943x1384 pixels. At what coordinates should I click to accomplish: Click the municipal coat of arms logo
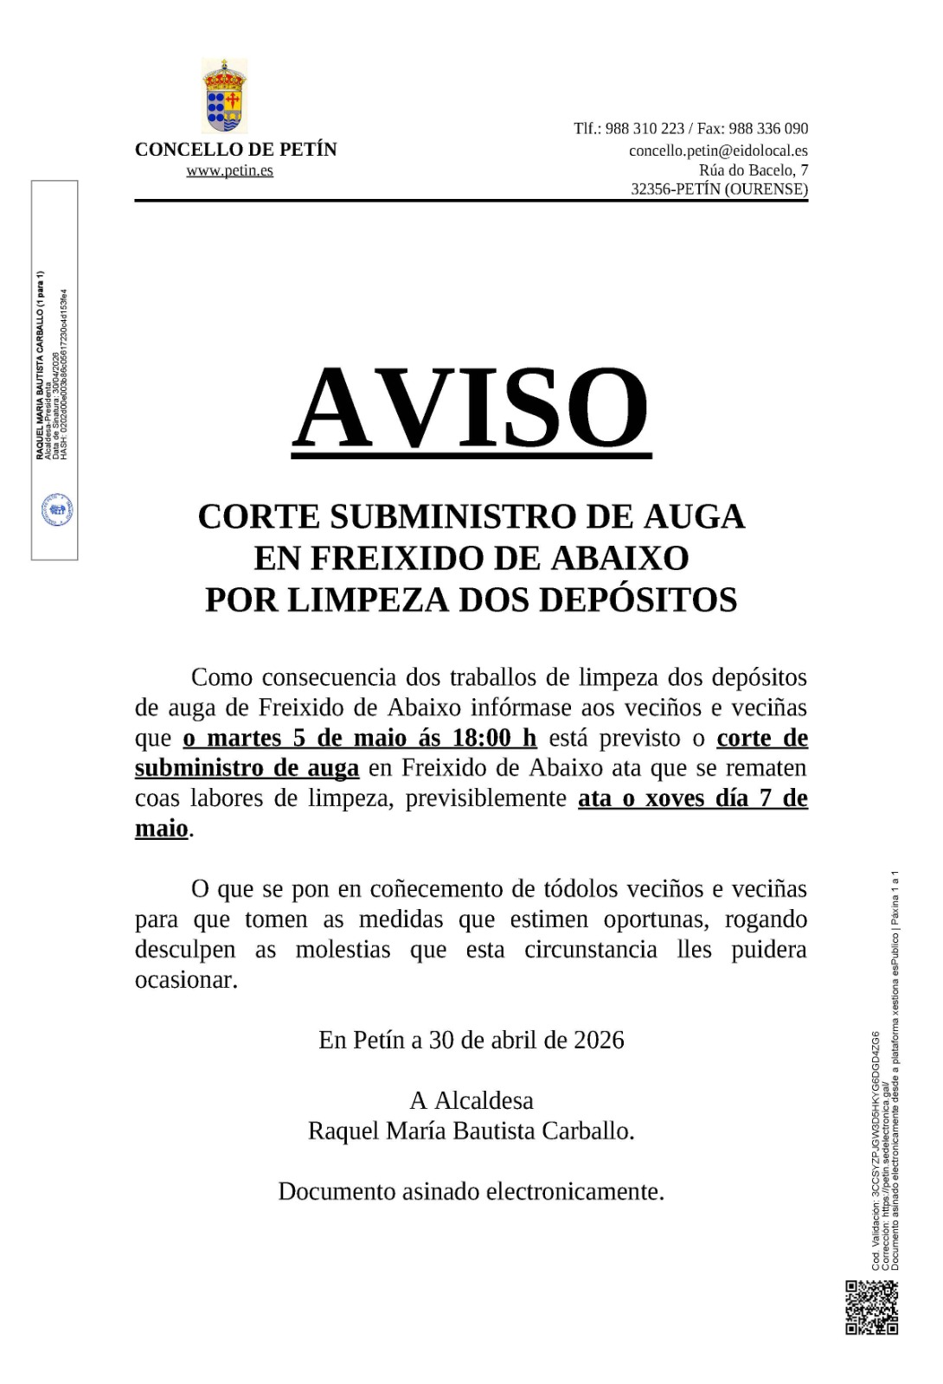pos(225,95)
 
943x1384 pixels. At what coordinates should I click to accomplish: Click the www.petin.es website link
pos(229,170)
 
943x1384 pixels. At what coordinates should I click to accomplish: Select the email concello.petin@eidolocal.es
pos(718,151)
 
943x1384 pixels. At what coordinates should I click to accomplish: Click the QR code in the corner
pos(871,1307)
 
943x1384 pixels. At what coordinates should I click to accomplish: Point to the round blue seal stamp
pos(57,510)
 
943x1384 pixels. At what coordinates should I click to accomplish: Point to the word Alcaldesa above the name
pos(484,1100)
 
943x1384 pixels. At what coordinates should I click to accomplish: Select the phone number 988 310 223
pos(645,129)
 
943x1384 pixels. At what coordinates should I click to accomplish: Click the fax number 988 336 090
pos(768,129)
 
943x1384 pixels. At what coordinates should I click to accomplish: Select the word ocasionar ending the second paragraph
pos(185,980)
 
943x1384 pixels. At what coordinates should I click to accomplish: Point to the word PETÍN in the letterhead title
pos(308,150)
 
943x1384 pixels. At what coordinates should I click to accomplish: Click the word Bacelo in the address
pos(769,170)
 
